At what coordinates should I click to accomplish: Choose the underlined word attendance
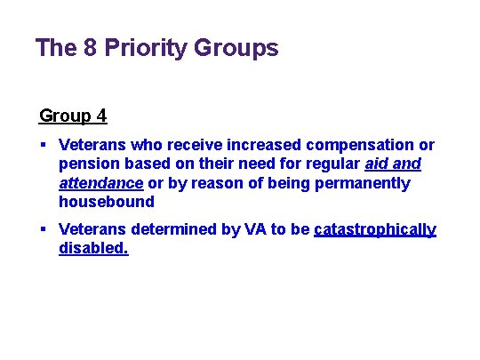click(100, 184)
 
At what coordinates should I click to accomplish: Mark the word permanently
click(365, 184)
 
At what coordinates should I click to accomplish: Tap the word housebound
click(106, 203)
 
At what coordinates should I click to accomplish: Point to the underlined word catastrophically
click(374, 230)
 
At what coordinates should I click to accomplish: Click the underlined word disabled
click(93, 250)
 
